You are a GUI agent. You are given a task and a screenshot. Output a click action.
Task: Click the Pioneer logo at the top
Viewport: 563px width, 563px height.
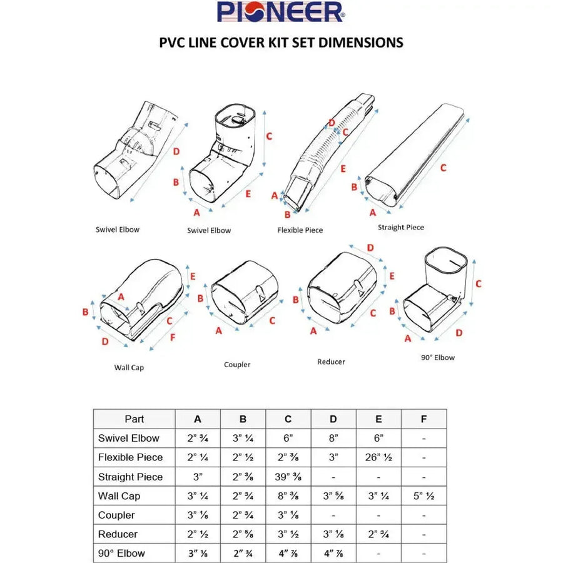(280, 12)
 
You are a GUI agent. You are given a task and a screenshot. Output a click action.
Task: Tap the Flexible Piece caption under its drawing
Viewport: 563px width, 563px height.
(300, 230)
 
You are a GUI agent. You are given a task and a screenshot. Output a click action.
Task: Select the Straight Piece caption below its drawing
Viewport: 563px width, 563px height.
(400, 227)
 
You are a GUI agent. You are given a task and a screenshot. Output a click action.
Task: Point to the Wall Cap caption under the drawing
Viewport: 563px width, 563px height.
(129, 368)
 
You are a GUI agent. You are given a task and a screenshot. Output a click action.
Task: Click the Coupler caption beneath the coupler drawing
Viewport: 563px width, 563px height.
(237, 365)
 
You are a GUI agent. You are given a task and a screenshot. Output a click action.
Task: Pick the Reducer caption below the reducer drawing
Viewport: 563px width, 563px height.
(331, 362)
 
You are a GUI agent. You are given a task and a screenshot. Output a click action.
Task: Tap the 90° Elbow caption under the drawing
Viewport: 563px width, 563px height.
(437, 358)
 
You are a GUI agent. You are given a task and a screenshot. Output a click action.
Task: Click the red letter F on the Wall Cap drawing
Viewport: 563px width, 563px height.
(173, 338)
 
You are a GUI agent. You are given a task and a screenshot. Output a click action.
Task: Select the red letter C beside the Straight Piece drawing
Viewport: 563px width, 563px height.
(443, 168)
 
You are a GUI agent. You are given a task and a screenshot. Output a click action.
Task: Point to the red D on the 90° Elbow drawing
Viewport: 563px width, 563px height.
(459, 333)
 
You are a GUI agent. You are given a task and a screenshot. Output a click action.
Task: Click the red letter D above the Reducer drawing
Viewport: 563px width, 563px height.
(370, 248)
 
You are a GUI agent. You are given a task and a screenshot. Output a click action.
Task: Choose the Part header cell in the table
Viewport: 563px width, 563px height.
(134, 419)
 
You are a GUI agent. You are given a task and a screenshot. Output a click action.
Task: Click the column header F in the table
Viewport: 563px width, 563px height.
(424, 419)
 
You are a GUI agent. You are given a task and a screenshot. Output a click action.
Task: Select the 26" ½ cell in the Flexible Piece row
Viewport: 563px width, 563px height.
(378, 457)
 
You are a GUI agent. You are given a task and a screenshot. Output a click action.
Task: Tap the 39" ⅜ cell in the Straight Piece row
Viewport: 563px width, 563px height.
(288, 477)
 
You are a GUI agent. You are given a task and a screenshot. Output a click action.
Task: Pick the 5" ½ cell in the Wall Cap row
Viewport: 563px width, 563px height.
(424, 496)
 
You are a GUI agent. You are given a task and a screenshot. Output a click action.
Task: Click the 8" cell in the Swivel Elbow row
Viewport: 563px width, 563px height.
(333, 438)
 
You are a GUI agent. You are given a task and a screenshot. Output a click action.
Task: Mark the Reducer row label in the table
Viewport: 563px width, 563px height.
(118, 534)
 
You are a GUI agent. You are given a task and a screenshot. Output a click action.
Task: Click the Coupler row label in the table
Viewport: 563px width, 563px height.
(116, 515)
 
